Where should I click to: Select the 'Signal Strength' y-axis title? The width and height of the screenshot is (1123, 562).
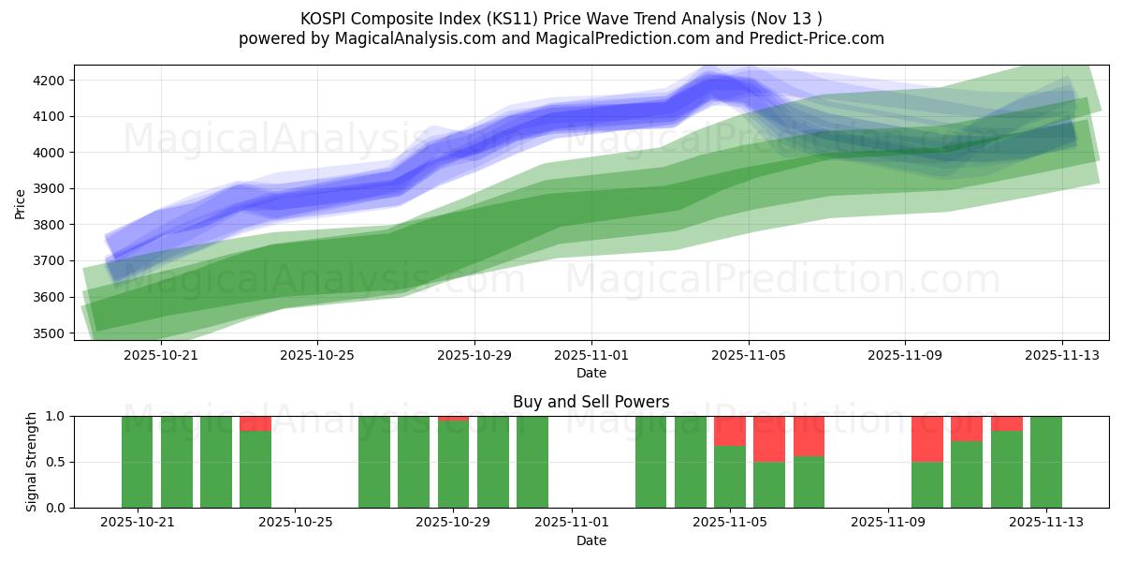click(32, 461)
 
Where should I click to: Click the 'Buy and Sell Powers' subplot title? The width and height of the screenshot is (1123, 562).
click(591, 402)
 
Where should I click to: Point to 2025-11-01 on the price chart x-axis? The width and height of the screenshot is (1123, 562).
click(591, 356)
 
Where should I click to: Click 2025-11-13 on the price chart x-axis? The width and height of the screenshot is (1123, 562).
click(1061, 356)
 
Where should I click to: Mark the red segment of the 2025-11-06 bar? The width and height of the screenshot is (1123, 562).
click(769, 438)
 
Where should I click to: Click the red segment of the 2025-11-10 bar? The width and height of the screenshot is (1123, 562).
click(926, 438)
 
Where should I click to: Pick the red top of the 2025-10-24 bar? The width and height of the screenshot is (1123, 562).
click(255, 423)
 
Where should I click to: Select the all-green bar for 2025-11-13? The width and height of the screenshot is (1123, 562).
click(1045, 462)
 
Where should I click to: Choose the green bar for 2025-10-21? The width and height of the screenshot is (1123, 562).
click(137, 462)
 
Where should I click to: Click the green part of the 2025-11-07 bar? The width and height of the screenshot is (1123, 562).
click(809, 482)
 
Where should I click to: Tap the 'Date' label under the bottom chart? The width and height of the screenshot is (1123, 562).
click(591, 540)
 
